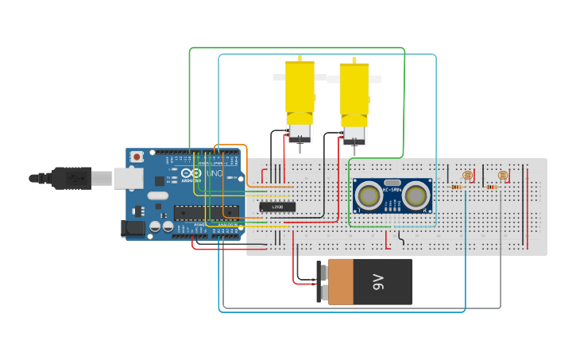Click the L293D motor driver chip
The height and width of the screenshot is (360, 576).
point(278,207)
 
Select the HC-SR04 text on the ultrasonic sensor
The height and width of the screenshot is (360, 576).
point(392,189)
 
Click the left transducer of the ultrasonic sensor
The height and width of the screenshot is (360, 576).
point(369,194)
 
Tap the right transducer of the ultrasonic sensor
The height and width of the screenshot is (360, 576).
point(416,194)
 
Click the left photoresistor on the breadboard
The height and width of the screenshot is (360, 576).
point(466,175)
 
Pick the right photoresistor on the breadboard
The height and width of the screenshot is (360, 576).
point(501,175)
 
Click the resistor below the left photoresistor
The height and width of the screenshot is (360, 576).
point(456,188)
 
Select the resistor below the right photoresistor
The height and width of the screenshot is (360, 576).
point(491,188)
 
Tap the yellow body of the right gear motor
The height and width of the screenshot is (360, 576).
point(354,89)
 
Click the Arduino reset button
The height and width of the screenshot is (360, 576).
point(137,157)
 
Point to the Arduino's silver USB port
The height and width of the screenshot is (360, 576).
point(127,179)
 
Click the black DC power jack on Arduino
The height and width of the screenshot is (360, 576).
point(133,229)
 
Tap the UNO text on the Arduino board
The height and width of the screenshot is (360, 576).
point(215,173)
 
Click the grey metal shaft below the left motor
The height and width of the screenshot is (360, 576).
point(300,146)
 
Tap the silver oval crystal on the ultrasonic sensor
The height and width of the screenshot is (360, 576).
point(392,182)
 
